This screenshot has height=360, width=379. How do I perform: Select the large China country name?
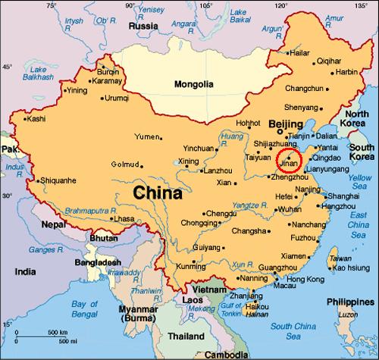(158, 193)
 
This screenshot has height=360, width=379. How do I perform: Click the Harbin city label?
(346, 72)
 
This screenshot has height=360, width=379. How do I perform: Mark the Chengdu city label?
(222, 214)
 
